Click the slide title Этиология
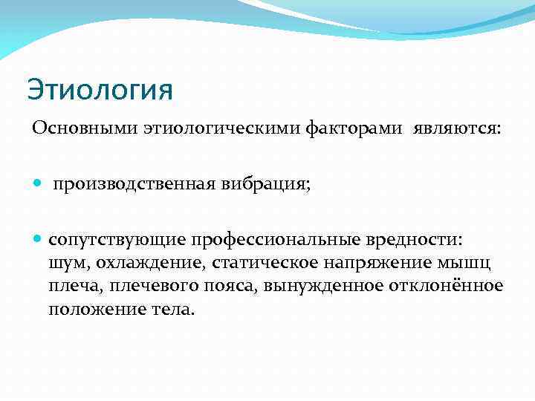pyautogui.click(x=100, y=90)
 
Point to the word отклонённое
pyautogui.click(x=444, y=286)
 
